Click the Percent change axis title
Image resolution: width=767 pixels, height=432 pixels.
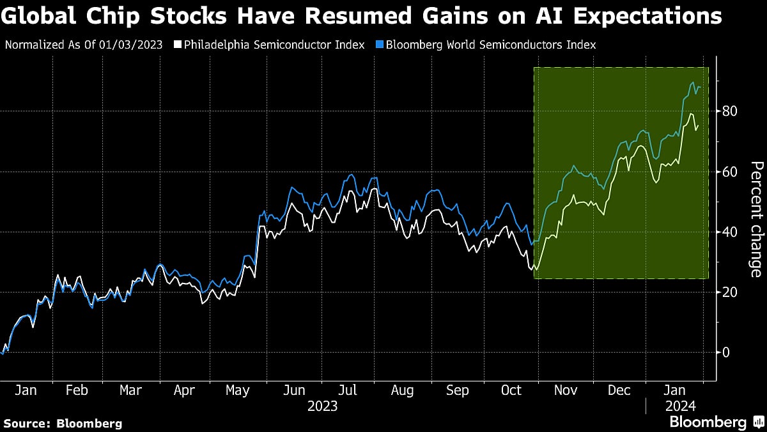[x=755, y=220]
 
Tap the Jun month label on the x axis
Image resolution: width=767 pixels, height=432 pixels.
[x=294, y=390]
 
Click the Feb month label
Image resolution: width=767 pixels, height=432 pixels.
[x=77, y=390]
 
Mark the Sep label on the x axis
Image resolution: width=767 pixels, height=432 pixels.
[x=457, y=390]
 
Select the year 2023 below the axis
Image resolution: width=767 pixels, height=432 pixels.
[x=323, y=406]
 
